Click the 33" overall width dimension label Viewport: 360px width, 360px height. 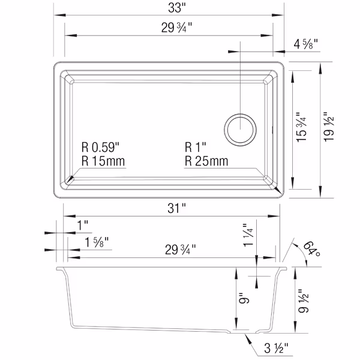click(x=172, y=8)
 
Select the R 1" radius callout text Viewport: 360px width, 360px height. click(x=196, y=148)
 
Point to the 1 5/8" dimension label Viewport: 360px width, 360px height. click(x=92, y=242)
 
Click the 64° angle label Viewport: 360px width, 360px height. click(x=310, y=248)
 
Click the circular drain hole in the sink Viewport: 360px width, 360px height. click(x=241, y=127)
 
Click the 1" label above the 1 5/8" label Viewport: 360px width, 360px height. click(x=83, y=225)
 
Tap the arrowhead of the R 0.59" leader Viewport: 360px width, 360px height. click(x=71, y=179)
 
